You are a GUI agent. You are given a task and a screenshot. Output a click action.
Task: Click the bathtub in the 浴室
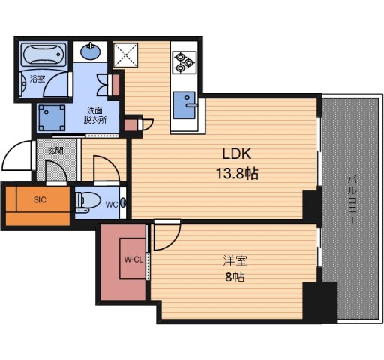click(x=43, y=55)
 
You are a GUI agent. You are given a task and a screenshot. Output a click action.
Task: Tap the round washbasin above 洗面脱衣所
click(x=91, y=51)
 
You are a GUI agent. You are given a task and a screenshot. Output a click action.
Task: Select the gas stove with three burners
click(x=184, y=62)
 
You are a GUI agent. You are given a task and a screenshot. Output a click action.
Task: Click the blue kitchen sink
click(x=184, y=105)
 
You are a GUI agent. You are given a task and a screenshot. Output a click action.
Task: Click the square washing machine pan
click(x=52, y=118)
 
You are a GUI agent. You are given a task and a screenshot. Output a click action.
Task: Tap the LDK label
click(x=237, y=154)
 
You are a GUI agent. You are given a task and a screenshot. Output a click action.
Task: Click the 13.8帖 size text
click(x=237, y=173)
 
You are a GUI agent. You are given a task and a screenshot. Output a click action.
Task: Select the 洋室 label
click(x=235, y=261)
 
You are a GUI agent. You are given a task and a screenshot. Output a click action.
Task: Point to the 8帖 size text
click(x=235, y=277)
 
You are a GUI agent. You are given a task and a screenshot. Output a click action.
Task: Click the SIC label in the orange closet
click(x=40, y=200)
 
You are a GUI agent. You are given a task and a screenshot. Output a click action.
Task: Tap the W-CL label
click(x=133, y=259)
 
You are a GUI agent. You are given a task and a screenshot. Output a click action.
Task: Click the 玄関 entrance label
click(x=55, y=151)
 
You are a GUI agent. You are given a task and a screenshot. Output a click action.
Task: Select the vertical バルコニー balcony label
click(x=352, y=200)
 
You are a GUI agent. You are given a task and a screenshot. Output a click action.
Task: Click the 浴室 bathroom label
click(x=37, y=79)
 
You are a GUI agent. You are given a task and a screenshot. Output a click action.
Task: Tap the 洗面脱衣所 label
click(x=95, y=115)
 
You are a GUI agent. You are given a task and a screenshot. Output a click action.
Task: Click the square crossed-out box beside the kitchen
click(x=125, y=55)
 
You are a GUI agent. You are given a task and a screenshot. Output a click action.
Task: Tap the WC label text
click(x=112, y=205)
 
